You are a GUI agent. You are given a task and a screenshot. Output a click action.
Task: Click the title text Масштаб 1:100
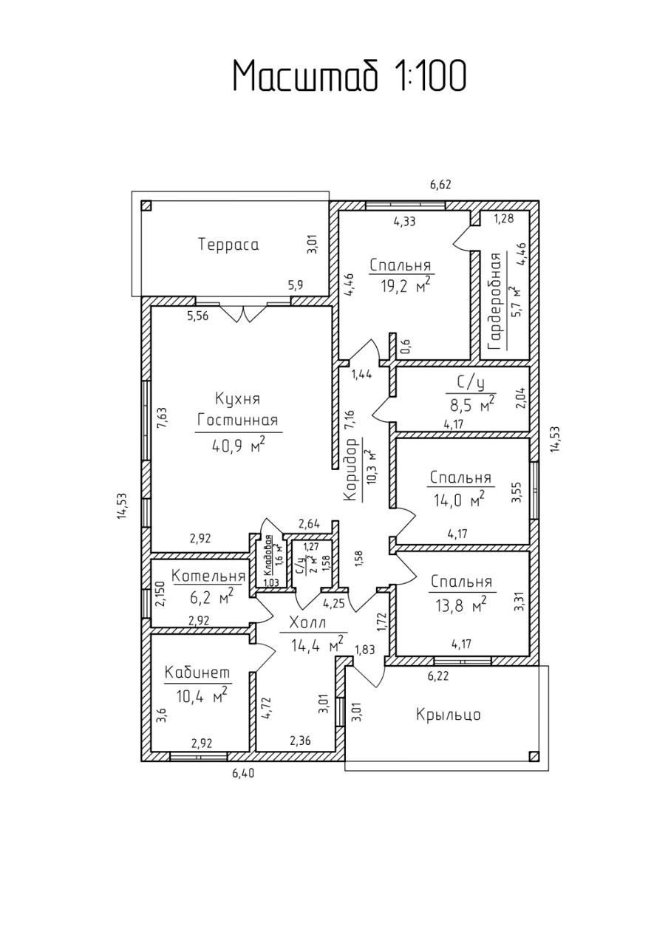point(350,76)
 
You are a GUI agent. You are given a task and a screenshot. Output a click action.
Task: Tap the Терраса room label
point(228,245)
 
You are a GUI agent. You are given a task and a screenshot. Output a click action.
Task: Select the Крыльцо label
point(449,715)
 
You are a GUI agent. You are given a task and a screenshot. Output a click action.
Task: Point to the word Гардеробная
point(495,301)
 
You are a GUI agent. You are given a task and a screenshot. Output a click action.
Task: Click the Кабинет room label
point(197,673)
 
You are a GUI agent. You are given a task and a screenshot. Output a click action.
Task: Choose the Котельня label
point(208,576)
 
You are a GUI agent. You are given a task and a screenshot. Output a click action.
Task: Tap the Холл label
point(307,622)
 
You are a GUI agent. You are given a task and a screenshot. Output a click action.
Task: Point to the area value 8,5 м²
point(472,404)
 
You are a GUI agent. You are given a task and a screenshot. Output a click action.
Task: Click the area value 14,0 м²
point(459,500)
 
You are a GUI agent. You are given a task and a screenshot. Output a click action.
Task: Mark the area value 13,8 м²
point(459,605)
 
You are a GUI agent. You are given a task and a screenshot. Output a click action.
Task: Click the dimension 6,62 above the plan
point(441,185)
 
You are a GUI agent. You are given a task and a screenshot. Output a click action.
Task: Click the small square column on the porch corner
point(534,755)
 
